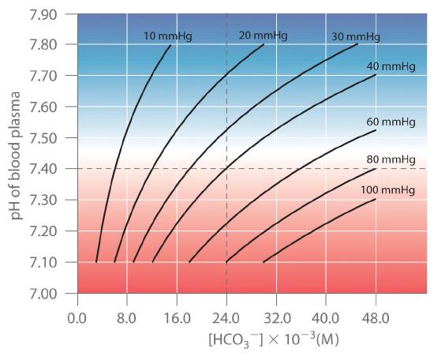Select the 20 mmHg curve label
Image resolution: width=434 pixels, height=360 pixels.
tap(259, 36)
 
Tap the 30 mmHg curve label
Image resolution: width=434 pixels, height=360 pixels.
tap(355, 37)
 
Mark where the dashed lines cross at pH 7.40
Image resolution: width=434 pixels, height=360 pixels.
tap(226, 169)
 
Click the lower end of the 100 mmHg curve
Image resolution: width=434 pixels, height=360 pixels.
tap(263, 262)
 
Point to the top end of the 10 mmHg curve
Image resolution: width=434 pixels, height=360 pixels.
tap(170, 45)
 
